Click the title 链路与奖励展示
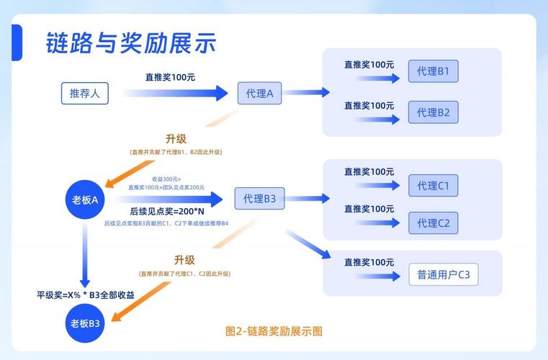click(x=130, y=42)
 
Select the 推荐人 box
click(x=84, y=94)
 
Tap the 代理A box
click(x=259, y=94)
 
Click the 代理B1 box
click(x=433, y=71)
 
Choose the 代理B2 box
click(x=433, y=112)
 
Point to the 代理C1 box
click(x=433, y=186)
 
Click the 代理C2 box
click(x=433, y=223)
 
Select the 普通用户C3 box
click(x=443, y=274)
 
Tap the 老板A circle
click(x=85, y=199)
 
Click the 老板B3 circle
click(x=85, y=323)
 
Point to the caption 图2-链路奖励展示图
click(x=274, y=331)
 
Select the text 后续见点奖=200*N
click(x=167, y=212)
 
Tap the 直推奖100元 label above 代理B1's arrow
click(x=369, y=64)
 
